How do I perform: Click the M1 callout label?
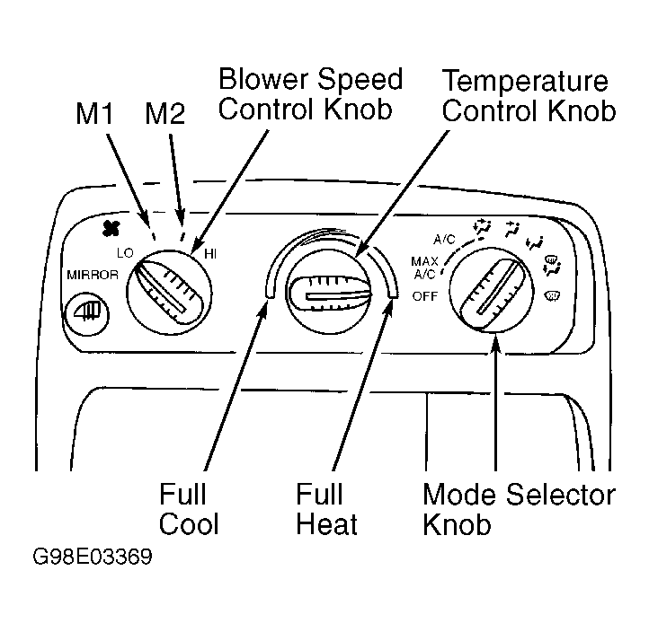(x=94, y=113)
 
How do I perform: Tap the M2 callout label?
(x=164, y=113)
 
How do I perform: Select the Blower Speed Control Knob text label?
(x=310, y=94)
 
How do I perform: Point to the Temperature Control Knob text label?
(x=529, y=96)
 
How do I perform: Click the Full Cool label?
(x=189, y=509)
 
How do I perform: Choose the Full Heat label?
(x=326, y=509)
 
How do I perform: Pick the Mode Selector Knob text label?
(x=519, y=509)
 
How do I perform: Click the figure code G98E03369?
(x=93, y=557)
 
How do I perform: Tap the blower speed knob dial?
(x=169, y=293)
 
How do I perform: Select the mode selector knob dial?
(x=492, y=290)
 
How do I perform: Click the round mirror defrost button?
(x=87, y=313)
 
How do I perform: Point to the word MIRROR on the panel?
(x=93, y=275)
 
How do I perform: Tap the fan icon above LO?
(x=111, y=228)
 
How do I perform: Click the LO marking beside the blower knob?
(x=125, y=253)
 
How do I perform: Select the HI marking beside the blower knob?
(x=210, y=254)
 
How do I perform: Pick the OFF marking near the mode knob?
(x=424, y=296)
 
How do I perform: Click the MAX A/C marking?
(x=424, y=268)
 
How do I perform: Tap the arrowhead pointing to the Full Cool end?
(x=263, y=308)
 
